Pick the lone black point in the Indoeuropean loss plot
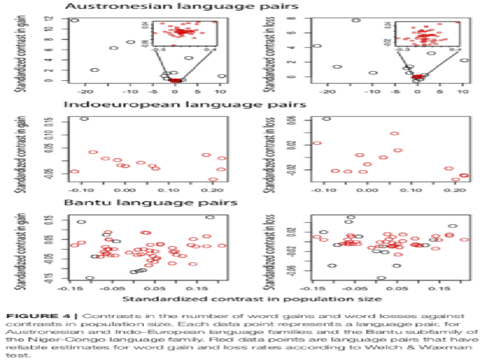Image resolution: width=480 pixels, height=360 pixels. point(326,118)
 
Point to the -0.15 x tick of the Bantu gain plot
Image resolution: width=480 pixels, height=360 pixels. point(72,287)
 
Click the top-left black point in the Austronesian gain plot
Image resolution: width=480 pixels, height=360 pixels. point(74,20)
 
